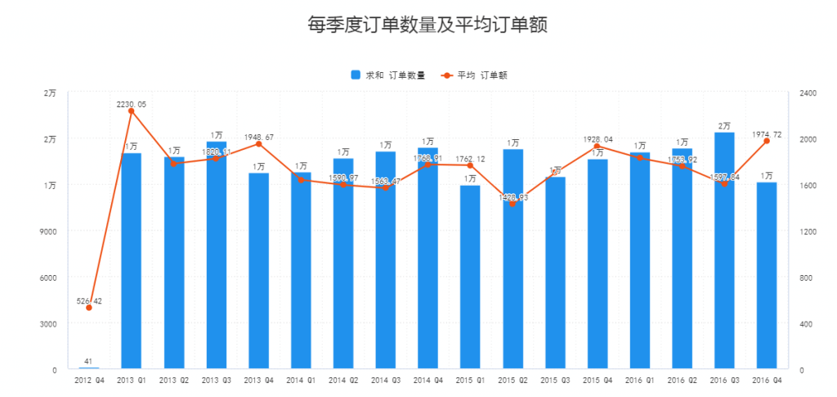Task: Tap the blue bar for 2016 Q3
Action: coord(724,250)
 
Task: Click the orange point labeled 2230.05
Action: coord(131,111)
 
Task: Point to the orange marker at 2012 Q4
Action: coord(88,308)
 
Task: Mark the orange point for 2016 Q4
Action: coord(766,141)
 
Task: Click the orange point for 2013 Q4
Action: coord(258,144)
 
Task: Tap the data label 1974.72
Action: coord(766,134)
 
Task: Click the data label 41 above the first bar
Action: coord(88,361)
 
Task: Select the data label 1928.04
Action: coord(597,140)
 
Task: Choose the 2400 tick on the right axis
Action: coord(807,93)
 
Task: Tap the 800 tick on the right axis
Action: coord(804,278)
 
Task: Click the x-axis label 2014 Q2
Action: coord(343,381)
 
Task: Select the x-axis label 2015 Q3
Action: coord(555,381)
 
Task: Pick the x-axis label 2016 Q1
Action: coord(639,381)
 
